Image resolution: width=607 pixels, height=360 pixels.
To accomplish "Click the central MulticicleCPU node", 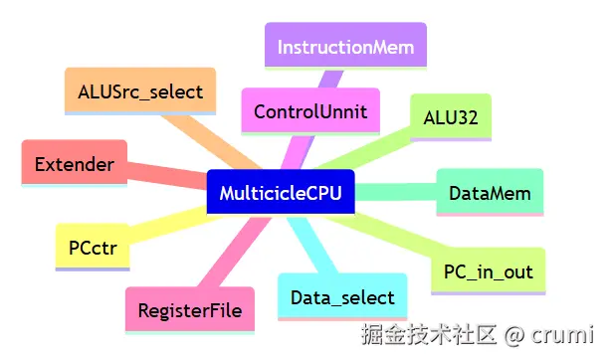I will pyautogui.click(x=280, y=192).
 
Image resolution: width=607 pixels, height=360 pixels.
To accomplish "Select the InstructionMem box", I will pyautogui.click(x=345, y=47).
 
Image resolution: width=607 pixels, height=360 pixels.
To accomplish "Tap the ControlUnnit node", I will pyautogui.click(x=309, y=111).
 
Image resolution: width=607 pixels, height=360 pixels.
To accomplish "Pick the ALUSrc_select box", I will pyautogui.click(x=139, y=91).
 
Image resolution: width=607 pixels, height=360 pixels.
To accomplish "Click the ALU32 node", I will pyautogui.click(x=450, y=117).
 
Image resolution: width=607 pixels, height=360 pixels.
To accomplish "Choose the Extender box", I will pyautogui.click(x=74, y=163).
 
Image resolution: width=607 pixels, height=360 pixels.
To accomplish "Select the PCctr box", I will pyautogui.click(x=93, y=247).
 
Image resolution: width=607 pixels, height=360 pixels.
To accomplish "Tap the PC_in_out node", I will pyautogui.click(x=488, y=270).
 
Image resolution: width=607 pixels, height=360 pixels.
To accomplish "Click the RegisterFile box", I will pyautogui.click(x=190, y=309).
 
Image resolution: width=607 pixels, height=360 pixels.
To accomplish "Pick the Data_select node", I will pyautogui.click(x=342, y=296).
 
